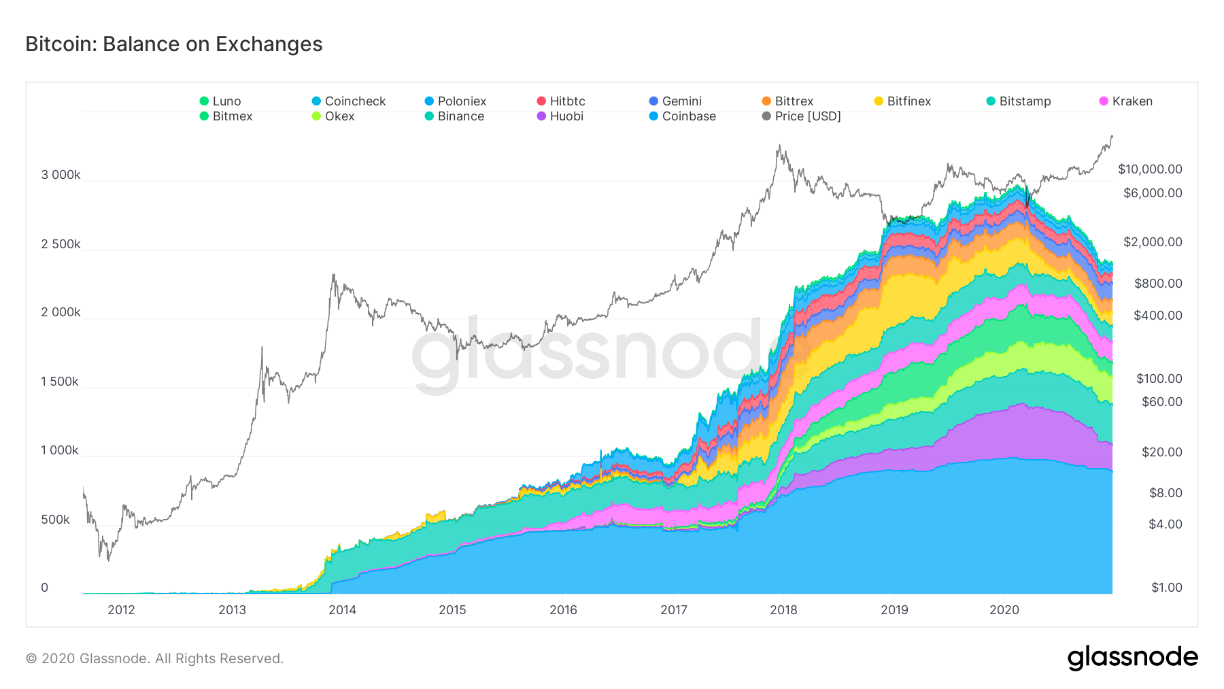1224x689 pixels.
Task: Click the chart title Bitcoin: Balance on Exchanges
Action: [174, 44]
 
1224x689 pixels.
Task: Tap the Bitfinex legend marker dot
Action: [879, 101]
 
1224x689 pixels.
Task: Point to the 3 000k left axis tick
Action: [61, 175]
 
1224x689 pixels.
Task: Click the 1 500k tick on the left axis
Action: [60, 382]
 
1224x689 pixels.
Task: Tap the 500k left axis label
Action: [55, 520]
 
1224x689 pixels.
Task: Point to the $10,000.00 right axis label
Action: [1150, 169]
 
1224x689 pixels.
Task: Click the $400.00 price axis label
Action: [1157, 316]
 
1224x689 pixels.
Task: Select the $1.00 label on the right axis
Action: [1166, 588]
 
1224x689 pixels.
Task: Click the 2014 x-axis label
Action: [342, 610]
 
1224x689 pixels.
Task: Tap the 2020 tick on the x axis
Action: [1004, 610]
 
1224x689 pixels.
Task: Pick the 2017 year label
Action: [673, 610]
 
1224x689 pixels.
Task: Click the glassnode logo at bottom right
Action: [1132, 658]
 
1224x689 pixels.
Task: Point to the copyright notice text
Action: [154, 658]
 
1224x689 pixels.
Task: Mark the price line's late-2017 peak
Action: [779, 145]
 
